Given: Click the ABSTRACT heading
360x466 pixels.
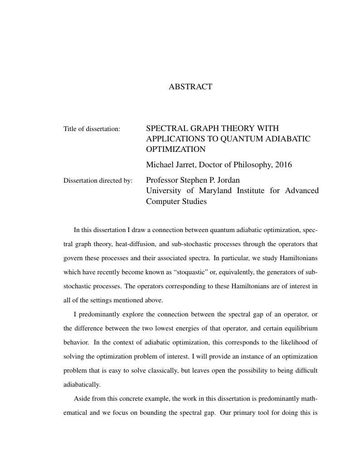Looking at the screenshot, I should pos(190,87).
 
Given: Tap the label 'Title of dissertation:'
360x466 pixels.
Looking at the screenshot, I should pos(92,129).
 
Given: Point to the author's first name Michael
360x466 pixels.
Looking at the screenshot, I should pos(159,165).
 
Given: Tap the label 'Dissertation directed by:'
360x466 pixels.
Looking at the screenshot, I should pos(98,180).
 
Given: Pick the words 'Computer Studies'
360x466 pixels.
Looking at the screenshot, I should pos(176,201).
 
